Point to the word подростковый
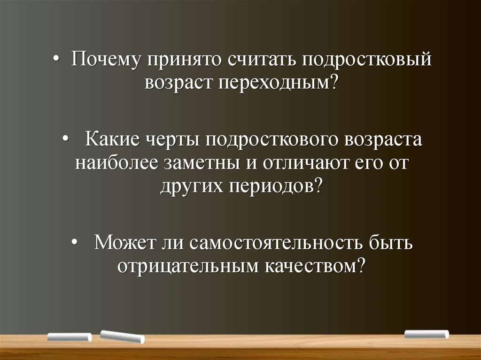tap(366, 60)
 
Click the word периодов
tap(275, 186)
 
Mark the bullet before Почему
tap(55, 60)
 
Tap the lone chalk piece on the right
tap(427, 334)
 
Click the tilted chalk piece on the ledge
tap(123, 337)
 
